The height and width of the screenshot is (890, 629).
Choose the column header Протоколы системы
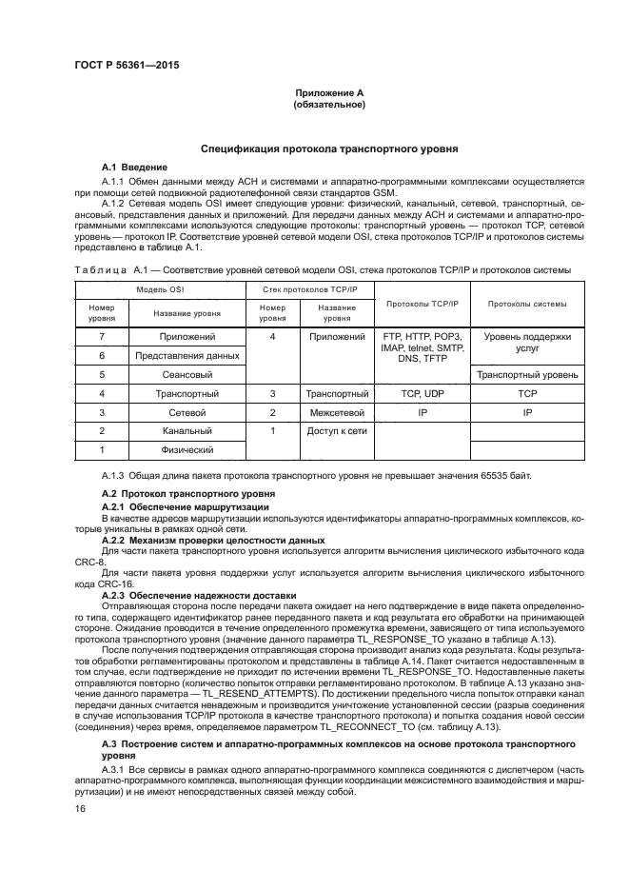[x=526, y=305]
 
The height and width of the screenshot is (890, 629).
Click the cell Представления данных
[x=187, y=355]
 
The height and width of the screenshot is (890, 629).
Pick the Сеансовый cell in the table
[x=187, y=374]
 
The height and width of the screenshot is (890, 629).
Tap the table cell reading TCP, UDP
[x=422, y=392]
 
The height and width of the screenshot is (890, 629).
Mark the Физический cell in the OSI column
[x=187, y=449]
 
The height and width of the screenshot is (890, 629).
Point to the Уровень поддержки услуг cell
[x=526, y=343]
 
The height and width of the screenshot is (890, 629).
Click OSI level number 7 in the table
[x=102, y=337]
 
